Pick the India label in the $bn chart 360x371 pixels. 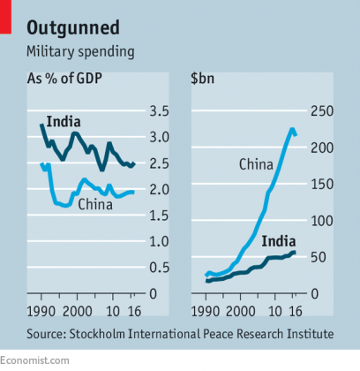278,238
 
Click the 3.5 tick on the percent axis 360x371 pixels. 160,111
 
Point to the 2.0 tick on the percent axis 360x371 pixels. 160,189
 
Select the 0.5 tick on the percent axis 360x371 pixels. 160,267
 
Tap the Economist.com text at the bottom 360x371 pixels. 34,360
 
